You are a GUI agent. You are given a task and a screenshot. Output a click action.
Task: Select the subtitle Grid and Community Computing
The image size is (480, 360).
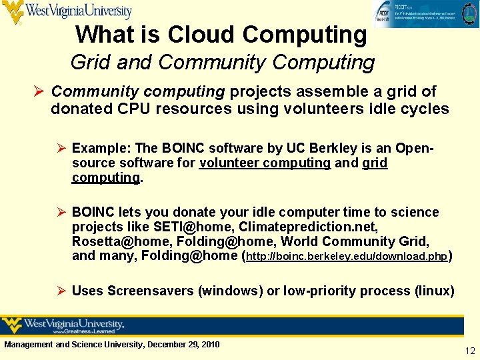click(223, 63)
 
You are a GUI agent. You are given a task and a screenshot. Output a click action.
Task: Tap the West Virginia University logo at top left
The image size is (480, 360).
click(67, 11)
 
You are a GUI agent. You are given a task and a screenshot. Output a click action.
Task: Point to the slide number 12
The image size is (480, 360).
click(470, 351)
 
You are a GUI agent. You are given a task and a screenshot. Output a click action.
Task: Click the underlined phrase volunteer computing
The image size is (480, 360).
click(265, 163)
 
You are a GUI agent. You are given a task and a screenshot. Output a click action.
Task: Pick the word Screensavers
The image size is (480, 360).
click(148, 291)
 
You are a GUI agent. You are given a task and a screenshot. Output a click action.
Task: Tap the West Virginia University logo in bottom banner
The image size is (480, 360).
click(64, 325)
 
